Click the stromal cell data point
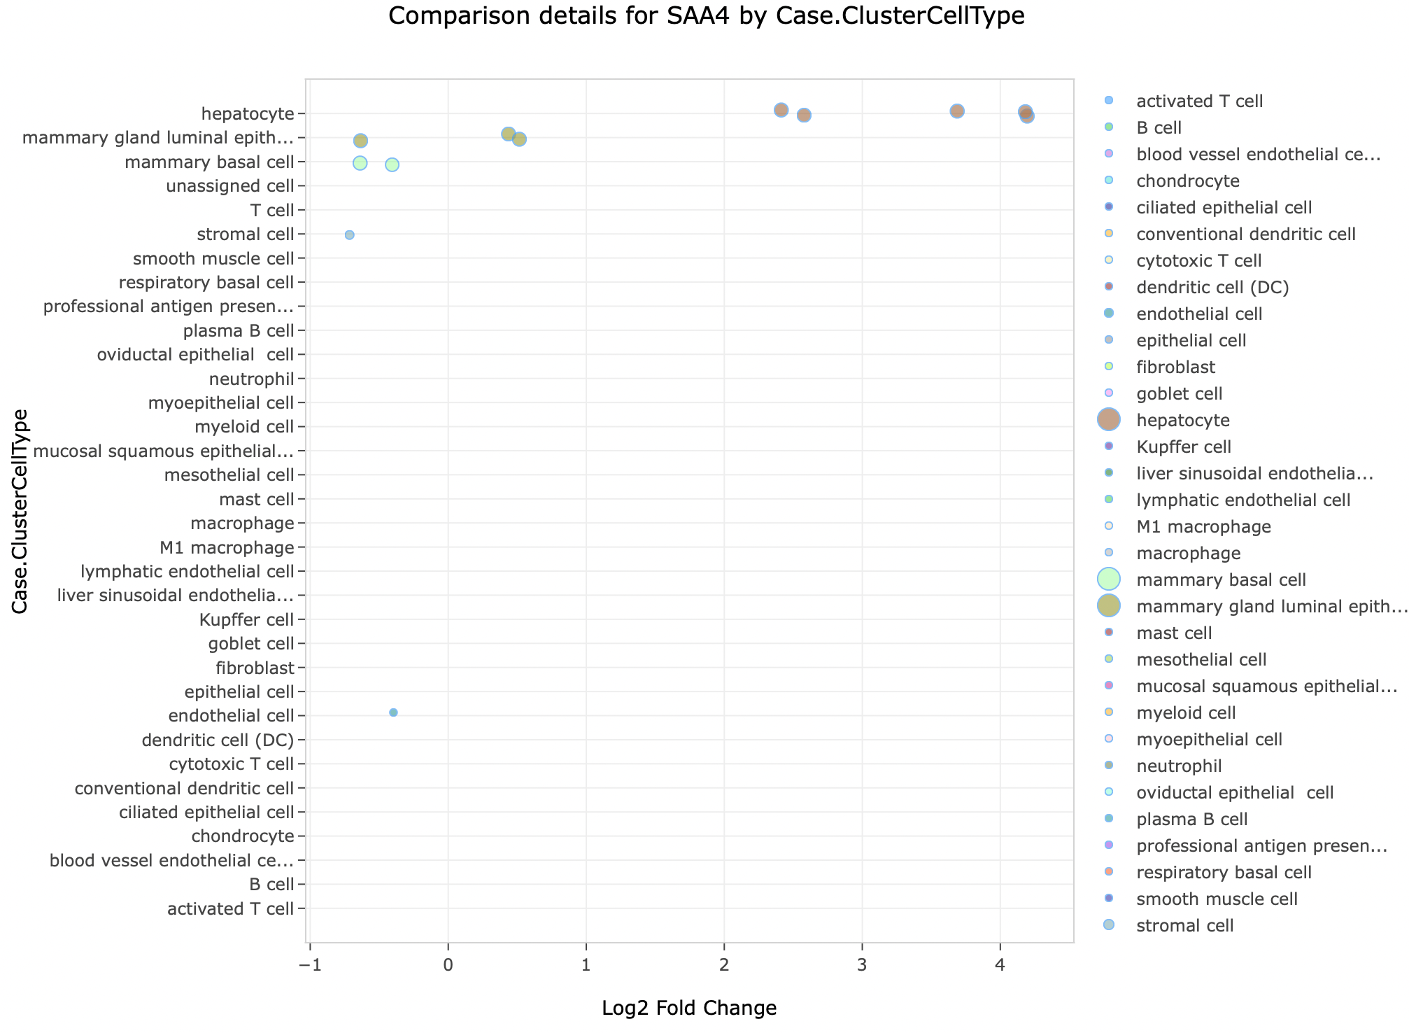point(349,234)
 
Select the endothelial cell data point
point(393,712)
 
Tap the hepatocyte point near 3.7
point(957,111)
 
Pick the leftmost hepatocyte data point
point(781,110)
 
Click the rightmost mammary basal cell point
point(392,164)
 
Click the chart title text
point(706,15)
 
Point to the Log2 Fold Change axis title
point(689,1008)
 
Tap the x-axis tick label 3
point(863,967)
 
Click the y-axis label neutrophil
point(251,379)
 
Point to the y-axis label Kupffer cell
point(246,620)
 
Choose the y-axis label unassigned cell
point(230,186)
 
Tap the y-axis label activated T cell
point(231,909)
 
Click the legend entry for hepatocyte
point(1183,420)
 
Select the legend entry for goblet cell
point(1180,393)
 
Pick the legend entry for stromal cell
point(1185,925)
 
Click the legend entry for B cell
point(1159,127)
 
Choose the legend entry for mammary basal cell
point(1221,579)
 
